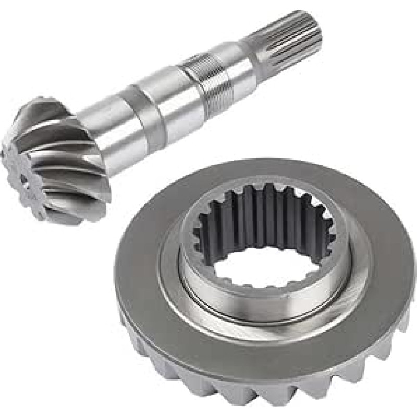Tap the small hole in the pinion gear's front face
(23, 177)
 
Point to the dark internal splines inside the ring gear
(261, 214)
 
